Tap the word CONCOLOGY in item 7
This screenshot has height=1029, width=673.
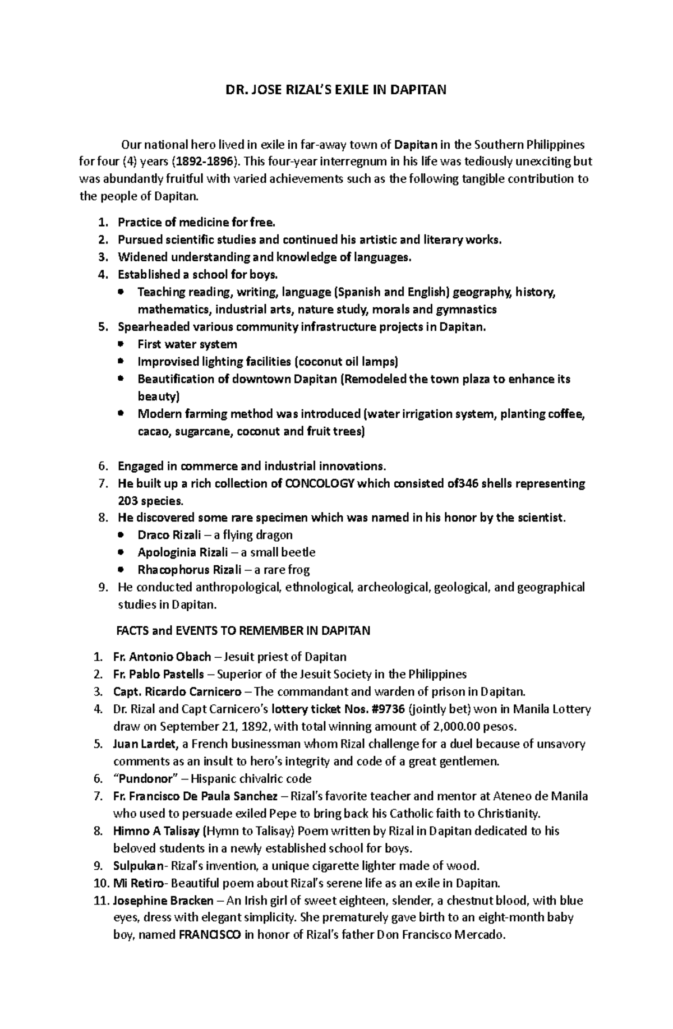[320, 483]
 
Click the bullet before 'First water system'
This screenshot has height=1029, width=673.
[121, 344]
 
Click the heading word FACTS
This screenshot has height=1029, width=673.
[133, 631]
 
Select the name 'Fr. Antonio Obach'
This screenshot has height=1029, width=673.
[162, 657]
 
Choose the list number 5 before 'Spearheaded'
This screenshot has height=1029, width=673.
[102, 327]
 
